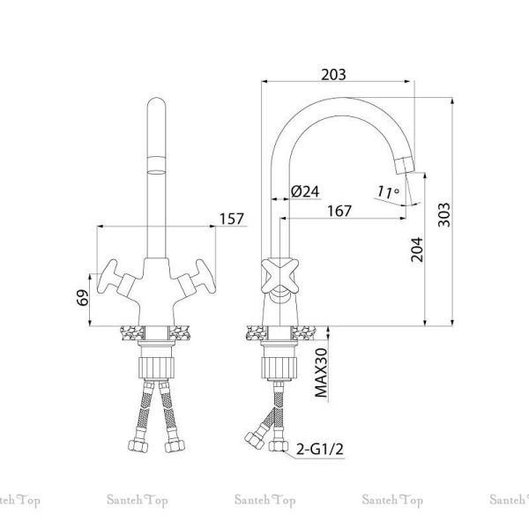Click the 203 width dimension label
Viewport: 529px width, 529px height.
[333, 75]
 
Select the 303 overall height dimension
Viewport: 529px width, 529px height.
[444, 215]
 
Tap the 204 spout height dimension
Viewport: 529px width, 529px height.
[417, 250]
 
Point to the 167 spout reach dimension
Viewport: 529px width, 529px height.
[339, 211]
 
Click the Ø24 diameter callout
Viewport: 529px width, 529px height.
[305, 191]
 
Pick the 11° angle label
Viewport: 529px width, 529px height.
[388, 192]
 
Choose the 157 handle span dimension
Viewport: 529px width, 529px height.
[232, 219]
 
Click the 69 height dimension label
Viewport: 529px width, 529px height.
[83, 298]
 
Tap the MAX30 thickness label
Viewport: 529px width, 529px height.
[321, 372]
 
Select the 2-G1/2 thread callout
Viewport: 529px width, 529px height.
[320, 449]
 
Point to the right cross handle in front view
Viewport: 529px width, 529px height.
[197, 278]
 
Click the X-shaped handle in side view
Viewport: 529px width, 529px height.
[280, 275]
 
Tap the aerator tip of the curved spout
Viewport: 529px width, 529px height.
[406, 166]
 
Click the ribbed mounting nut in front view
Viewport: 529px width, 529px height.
[157, 368]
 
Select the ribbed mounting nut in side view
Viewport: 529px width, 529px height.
[279, 368]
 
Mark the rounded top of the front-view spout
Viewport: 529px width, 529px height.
[157, 103]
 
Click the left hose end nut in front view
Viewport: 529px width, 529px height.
[138, 446]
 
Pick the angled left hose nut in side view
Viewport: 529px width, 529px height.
[254, 440]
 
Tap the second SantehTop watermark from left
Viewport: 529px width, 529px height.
[138, 500]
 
